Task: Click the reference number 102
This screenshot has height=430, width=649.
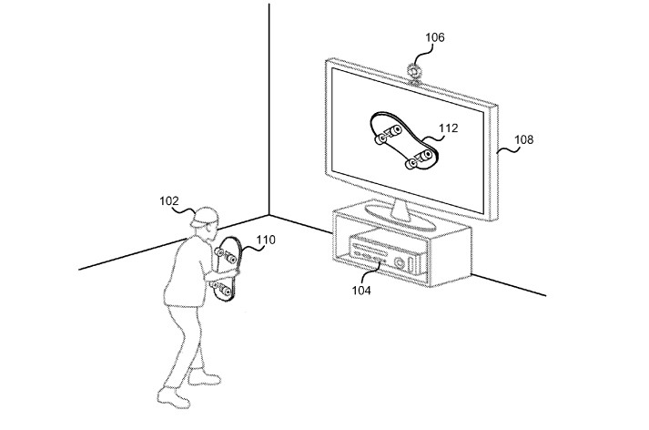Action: point(169,202)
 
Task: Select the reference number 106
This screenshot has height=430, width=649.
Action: point(435,37)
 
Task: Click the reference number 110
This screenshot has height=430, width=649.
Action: point(265,241)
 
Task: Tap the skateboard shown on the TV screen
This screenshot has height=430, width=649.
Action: point(400,142)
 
